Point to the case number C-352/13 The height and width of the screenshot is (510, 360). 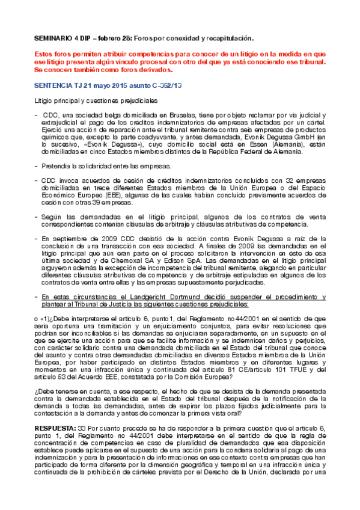coord(168,85)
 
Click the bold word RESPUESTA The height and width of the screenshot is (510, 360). coord(55,411)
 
